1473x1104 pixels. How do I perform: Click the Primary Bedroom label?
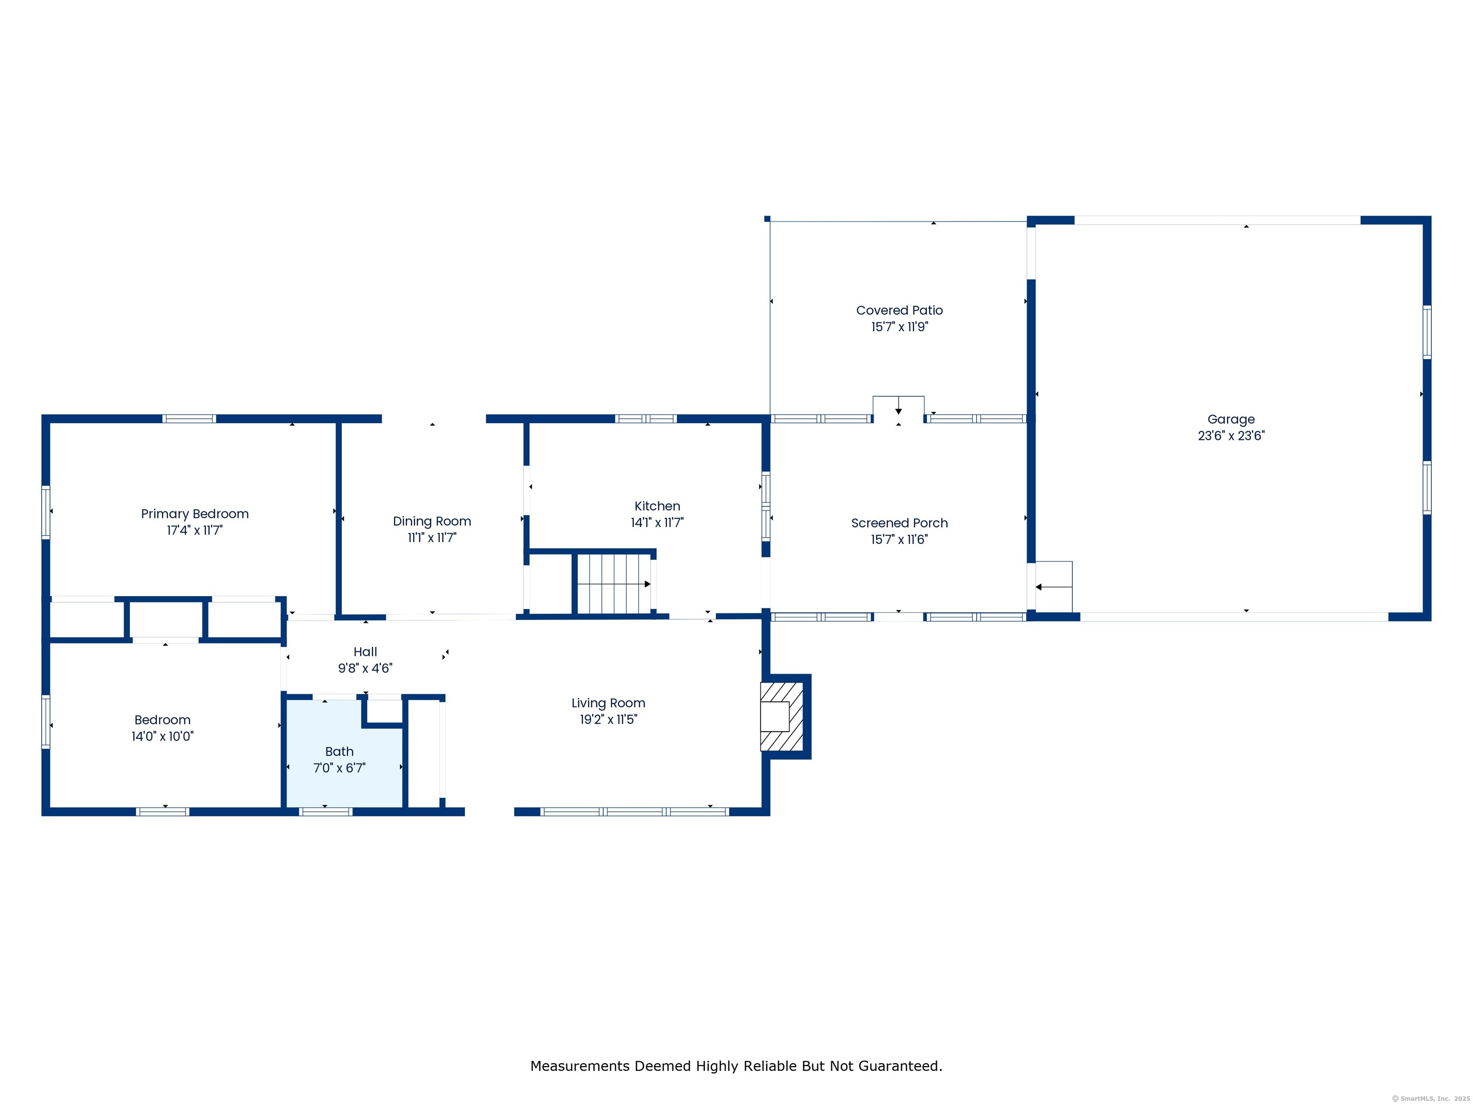[195, 514]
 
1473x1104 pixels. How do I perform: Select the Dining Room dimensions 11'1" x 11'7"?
[432, 538]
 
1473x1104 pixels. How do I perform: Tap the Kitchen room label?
[656, 506]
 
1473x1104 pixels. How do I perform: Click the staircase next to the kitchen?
[613, 584]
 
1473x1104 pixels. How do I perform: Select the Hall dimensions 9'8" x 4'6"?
[365, 668]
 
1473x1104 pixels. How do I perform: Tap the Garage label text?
[1230, 419]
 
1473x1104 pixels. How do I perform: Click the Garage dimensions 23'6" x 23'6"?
[1230, 436]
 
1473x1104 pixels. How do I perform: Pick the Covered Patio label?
[899, 310]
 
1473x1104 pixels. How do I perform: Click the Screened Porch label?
[899, 523]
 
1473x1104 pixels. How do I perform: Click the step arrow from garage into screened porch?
[1052, 587]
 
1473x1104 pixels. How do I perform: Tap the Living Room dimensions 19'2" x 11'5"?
[608, 719]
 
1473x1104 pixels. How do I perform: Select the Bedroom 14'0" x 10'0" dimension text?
[163, 736]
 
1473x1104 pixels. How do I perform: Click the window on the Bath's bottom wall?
[325, 811]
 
